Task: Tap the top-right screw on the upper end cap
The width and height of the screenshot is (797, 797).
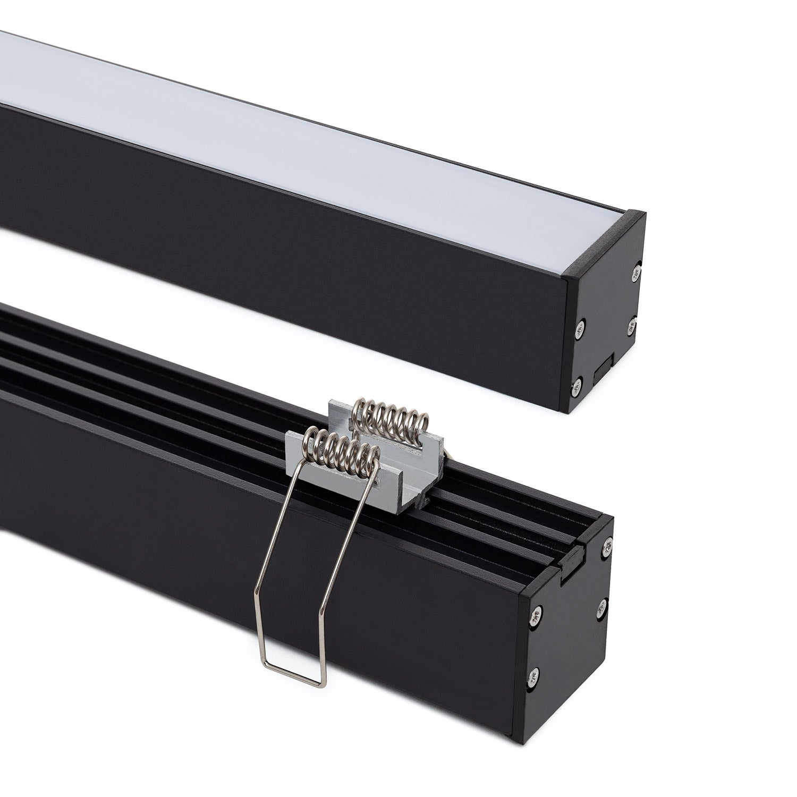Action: pos(636,275)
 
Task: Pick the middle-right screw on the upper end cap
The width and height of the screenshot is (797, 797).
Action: pos(632,326)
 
